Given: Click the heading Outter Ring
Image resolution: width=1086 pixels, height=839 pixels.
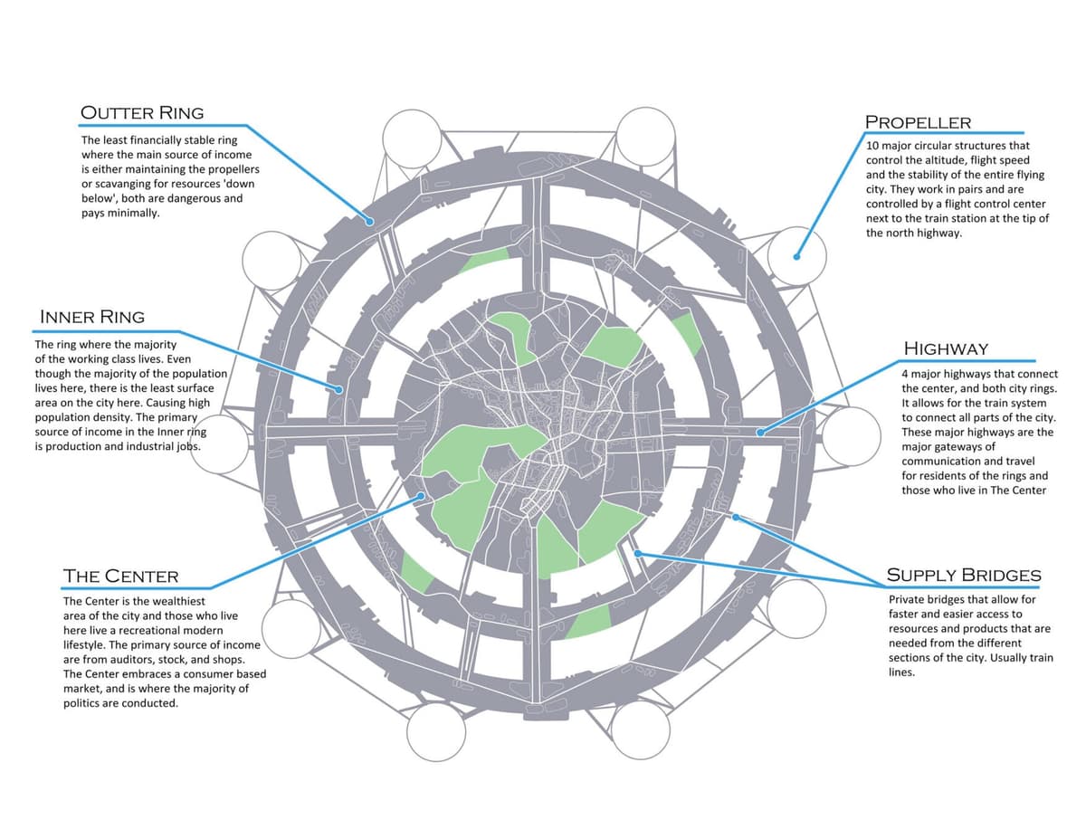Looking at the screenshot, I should pyautogui.click(x=142, y=113).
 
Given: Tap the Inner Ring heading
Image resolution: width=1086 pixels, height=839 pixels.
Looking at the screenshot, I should pyautogui.click(x=91, y=317).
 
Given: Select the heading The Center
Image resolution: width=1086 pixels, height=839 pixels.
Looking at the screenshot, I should pyautogui.click(x=120, y=576).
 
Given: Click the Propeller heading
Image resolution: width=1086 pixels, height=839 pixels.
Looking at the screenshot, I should pyautogui.click(x=918, y=122).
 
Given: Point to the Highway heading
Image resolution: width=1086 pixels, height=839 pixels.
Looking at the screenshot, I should pyautogui.click(x=946, y=348).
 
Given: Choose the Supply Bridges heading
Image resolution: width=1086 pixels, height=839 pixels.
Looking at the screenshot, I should pyautogui.click(x=963, y=575).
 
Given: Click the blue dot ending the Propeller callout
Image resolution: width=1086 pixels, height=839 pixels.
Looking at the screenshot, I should pyautogui.click(x=797, y=256).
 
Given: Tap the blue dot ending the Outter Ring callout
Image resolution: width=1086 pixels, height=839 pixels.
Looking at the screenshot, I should pyautogui.click(x=369, y=221).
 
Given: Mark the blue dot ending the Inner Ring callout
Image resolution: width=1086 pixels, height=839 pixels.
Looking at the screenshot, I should pyautogui.click(x=340, y=390).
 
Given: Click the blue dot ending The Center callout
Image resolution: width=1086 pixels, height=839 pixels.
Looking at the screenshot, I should pyautogui.click(x=422, y=496).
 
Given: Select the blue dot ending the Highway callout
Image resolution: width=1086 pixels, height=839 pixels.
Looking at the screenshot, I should pyautogui.click(x=760, y=433).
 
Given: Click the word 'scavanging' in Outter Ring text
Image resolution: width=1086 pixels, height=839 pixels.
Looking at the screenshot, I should pyautogui.click(x=123, y=184).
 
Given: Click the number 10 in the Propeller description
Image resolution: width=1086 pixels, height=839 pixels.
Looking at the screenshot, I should pyautogui.click(x=872, y=146).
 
